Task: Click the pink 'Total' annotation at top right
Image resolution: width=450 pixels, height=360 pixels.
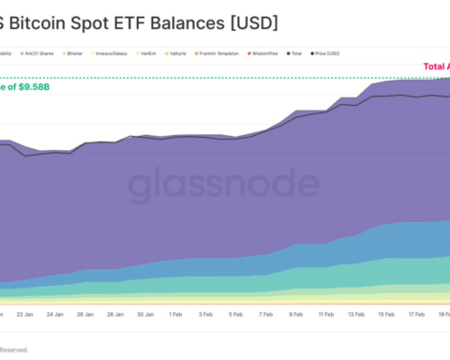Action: [x=435, y=67]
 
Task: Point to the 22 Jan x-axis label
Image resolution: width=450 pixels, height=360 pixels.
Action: [x=25, y=316]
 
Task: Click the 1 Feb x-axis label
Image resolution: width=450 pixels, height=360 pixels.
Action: [x=174, y=316]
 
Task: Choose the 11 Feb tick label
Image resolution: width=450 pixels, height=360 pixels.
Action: [x=324, y=316]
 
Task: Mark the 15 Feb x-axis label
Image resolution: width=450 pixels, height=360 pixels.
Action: [x=384, y=316]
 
